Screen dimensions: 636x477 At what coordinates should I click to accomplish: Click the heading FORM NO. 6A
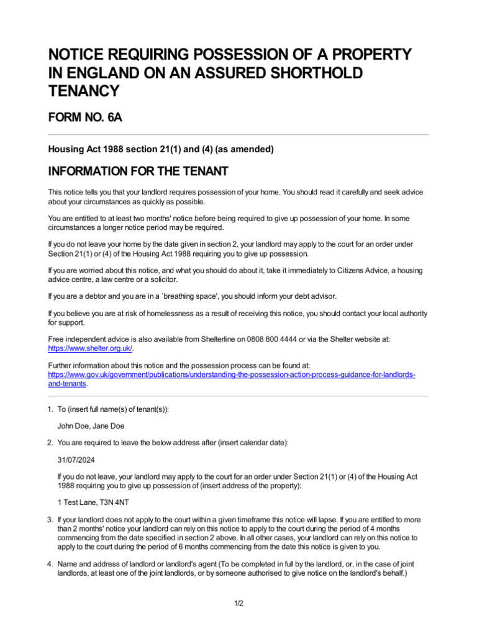85,117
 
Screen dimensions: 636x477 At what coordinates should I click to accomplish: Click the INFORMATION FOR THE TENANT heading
139,171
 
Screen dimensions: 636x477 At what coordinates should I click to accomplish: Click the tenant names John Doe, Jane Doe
86,425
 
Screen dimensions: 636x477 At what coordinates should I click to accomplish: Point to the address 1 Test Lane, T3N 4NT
93,501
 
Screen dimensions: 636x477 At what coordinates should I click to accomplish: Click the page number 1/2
238,603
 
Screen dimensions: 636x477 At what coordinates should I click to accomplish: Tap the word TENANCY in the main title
83,91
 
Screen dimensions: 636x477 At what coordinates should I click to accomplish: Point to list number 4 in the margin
50,563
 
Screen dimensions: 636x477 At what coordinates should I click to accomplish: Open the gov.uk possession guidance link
232,376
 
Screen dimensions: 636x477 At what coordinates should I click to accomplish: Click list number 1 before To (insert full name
50,409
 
